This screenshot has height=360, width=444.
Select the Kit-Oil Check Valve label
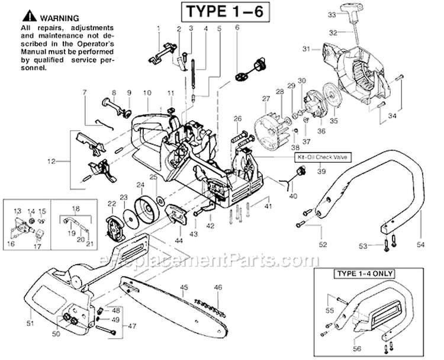click(321, 158)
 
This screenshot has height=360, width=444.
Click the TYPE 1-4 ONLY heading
click(366, 274)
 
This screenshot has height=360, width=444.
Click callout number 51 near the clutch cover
click(31, 323)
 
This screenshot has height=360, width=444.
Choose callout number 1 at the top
click(159, 28)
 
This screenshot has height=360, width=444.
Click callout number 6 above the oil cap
click(237, 28)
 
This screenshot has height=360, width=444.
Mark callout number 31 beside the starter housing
click(306, 49)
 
